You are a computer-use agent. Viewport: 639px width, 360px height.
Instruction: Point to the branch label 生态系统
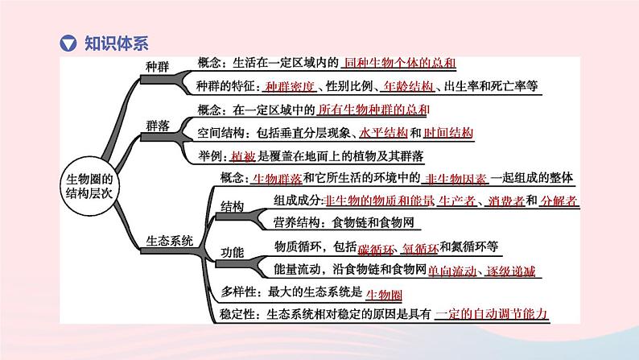[x=171, y=239]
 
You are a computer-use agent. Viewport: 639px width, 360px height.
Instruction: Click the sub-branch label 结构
[x=233, y=207]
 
